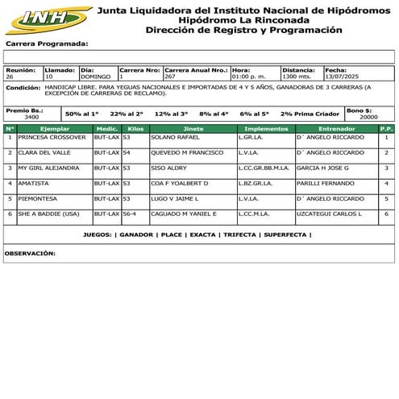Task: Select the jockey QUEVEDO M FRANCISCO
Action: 187,152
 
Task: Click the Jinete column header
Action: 193,128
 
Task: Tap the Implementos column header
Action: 265,128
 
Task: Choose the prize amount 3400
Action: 31,117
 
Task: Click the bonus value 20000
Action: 368,117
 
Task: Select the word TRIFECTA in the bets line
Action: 239,235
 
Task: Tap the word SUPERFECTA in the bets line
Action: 285,235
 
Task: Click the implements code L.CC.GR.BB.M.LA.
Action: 264,168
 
